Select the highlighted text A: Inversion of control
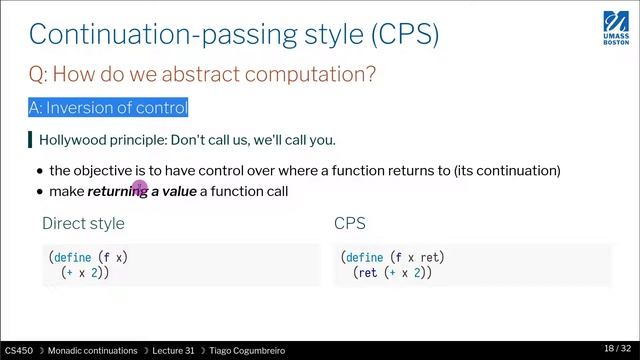coord(108,107)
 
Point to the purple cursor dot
coord(140,187)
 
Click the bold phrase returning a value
coord(142,190)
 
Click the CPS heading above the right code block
coord(350,223)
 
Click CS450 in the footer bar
coord(18,351)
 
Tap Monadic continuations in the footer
coord(90,351)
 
